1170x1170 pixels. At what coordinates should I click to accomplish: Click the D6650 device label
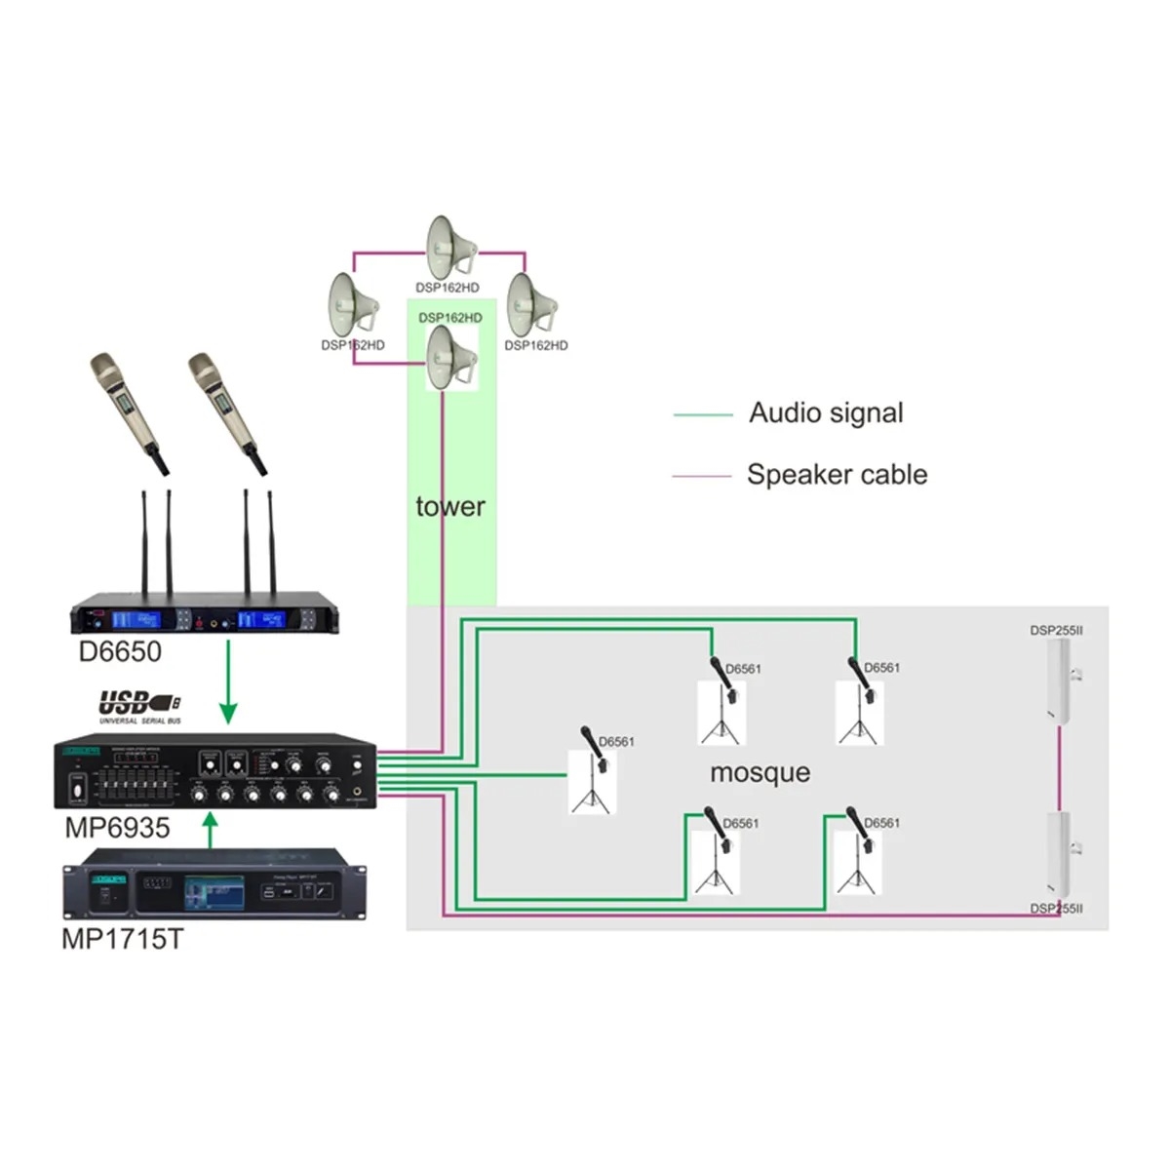[x=120, y=651]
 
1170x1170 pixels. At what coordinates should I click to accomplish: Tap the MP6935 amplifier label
[x=117, y=828]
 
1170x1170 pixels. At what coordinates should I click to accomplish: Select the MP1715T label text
[x=122, y=939]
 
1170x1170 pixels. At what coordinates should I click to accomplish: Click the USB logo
[x=139, y=704]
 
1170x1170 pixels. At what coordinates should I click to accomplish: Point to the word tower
[x=449, y=506]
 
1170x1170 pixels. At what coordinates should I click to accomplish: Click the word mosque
[x=760, y=772]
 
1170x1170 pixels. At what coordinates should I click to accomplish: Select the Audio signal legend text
[x=826, y=412]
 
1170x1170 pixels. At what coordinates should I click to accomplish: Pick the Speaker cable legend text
[x=837, y=475]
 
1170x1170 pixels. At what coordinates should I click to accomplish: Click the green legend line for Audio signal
[x=702, y=415]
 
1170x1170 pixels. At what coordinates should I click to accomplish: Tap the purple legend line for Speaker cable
[x=701, y=477]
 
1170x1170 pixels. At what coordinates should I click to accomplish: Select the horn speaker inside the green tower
[x=451, y=358]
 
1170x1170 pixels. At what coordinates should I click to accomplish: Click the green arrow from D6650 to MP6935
[x=228, y=682]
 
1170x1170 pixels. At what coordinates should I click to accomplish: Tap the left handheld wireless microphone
[x=127, y=409]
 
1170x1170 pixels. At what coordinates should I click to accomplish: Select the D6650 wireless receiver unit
[x=210, y=619]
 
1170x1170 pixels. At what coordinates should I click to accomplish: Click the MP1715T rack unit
[x=214, y=885]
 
